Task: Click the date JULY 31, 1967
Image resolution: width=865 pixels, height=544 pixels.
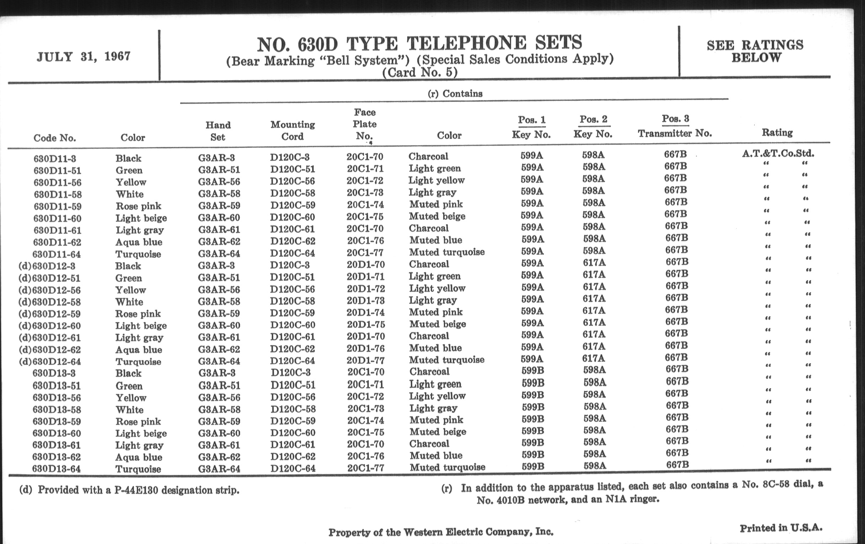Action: point(83,57)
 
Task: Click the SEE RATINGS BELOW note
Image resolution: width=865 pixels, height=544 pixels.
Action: point(755,51)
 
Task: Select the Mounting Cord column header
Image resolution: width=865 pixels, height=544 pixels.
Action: point(292,130)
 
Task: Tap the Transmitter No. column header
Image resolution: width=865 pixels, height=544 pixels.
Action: point(675,133)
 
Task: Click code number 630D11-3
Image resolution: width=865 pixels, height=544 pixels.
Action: point(55,158)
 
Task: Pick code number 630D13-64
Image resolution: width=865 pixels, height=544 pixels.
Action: point(57,469)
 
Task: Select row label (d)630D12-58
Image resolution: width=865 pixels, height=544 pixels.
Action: point(49,302)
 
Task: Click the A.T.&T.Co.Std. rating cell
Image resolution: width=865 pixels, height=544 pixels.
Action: point(778,154)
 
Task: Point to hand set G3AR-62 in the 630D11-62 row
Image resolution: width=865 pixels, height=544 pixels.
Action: point(219,241)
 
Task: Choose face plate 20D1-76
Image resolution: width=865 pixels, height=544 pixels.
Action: point(366,348)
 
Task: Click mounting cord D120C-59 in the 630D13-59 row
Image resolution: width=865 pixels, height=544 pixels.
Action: point(293,421)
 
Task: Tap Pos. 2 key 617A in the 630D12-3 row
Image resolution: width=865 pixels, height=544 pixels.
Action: point(594,263)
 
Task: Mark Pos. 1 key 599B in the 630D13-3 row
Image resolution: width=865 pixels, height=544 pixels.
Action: point(533,371)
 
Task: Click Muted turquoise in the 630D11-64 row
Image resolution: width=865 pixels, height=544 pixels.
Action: point(446,252)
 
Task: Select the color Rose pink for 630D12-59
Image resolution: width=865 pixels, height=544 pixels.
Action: point(138,314)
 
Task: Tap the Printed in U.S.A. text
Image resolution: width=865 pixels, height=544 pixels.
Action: point(781,528)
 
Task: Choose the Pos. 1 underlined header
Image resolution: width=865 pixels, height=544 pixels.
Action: point(531,119)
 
